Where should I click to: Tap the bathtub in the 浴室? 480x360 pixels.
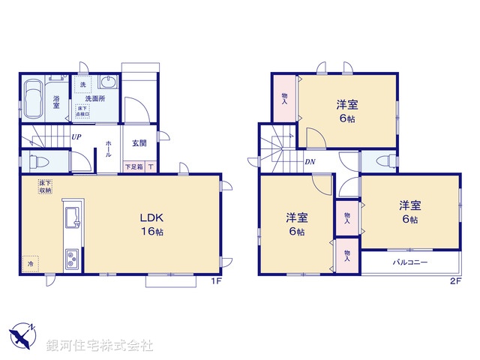(33, 99)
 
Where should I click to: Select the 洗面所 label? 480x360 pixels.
(95, 98)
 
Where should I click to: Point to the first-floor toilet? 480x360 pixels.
(37, 161)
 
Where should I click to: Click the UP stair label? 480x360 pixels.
(76, 137)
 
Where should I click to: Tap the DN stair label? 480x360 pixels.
(309, 161)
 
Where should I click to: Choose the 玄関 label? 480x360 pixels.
(139, 142)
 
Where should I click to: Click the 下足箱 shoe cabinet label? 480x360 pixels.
(134, 166)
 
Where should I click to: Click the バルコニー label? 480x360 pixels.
(409, 263)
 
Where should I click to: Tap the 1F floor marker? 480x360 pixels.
(214, 281)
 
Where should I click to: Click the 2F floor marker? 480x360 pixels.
(455, 281)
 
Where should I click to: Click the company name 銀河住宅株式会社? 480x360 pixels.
(100, 346)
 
